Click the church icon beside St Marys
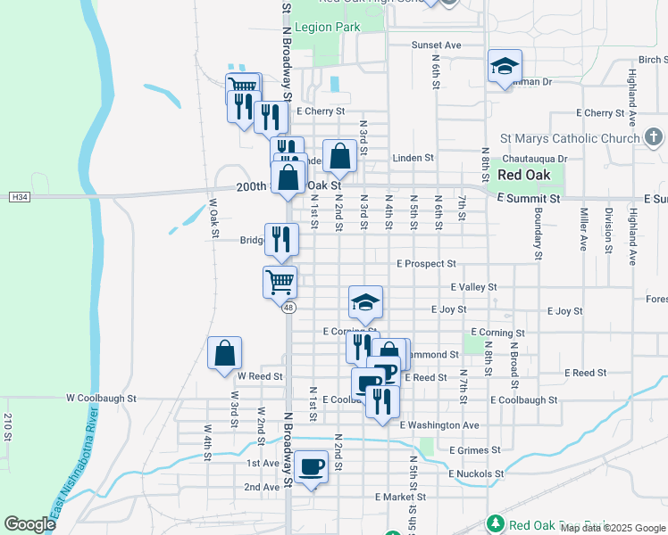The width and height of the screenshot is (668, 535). [653, 137]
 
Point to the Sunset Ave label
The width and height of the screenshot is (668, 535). [436, 45]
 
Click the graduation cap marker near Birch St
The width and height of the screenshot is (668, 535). [505, 67]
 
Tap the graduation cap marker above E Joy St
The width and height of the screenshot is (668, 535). [365, 303]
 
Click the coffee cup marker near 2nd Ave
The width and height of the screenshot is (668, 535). [311, 466]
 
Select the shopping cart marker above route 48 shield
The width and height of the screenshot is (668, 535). [280, 282]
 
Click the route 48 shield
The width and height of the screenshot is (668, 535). [288, 308]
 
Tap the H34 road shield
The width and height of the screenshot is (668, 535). [19, 196]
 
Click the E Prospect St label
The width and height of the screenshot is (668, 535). [427, 264]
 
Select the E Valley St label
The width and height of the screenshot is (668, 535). [473, 287]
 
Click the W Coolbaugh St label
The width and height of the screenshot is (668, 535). [101, 399]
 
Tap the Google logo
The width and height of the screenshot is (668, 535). [29, 524]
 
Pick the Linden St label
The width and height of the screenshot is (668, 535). [413, 158]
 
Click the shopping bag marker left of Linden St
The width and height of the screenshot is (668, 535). [339, 156]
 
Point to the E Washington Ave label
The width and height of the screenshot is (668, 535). [439, 425]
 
